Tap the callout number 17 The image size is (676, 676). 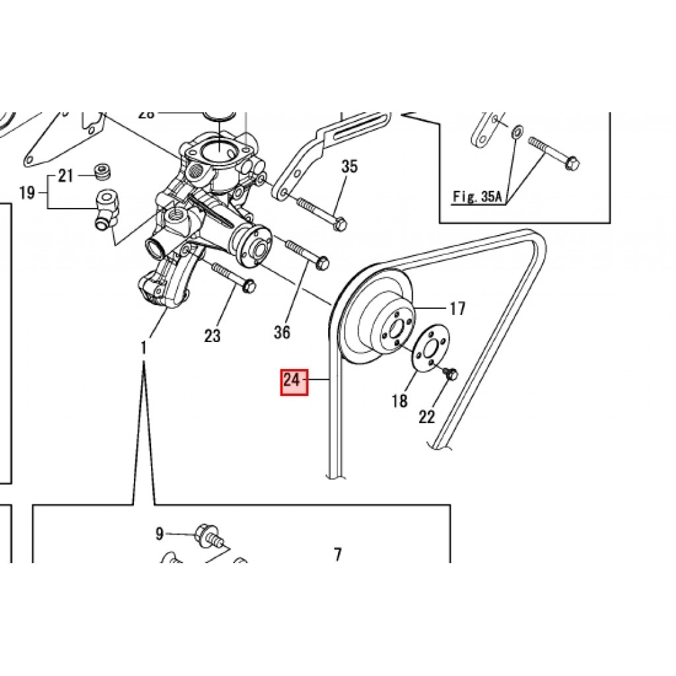(x=457, y=308)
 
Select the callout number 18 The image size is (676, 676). (x=400, y=401)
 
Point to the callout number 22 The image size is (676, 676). (x=427, y=417)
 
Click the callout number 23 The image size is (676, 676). (x=212, y=336)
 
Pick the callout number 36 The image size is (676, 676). (x=282, y=332)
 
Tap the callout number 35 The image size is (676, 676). (x=349, y=166)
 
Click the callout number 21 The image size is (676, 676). (x=65, y=176)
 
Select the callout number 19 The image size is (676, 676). (x=26, y=193)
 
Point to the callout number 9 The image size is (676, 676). (x=159, y=533)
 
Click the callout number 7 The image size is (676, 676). (x=337, y=555)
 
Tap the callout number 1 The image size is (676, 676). (x=145, y=347)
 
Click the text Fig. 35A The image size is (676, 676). (x=477, y=197)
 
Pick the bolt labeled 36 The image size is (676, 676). (x=308, y=256)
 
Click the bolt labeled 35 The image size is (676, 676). (x=320, y=214)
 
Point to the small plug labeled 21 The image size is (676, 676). (x=102, y=173)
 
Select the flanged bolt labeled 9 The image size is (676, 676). (x=207, y=535)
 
